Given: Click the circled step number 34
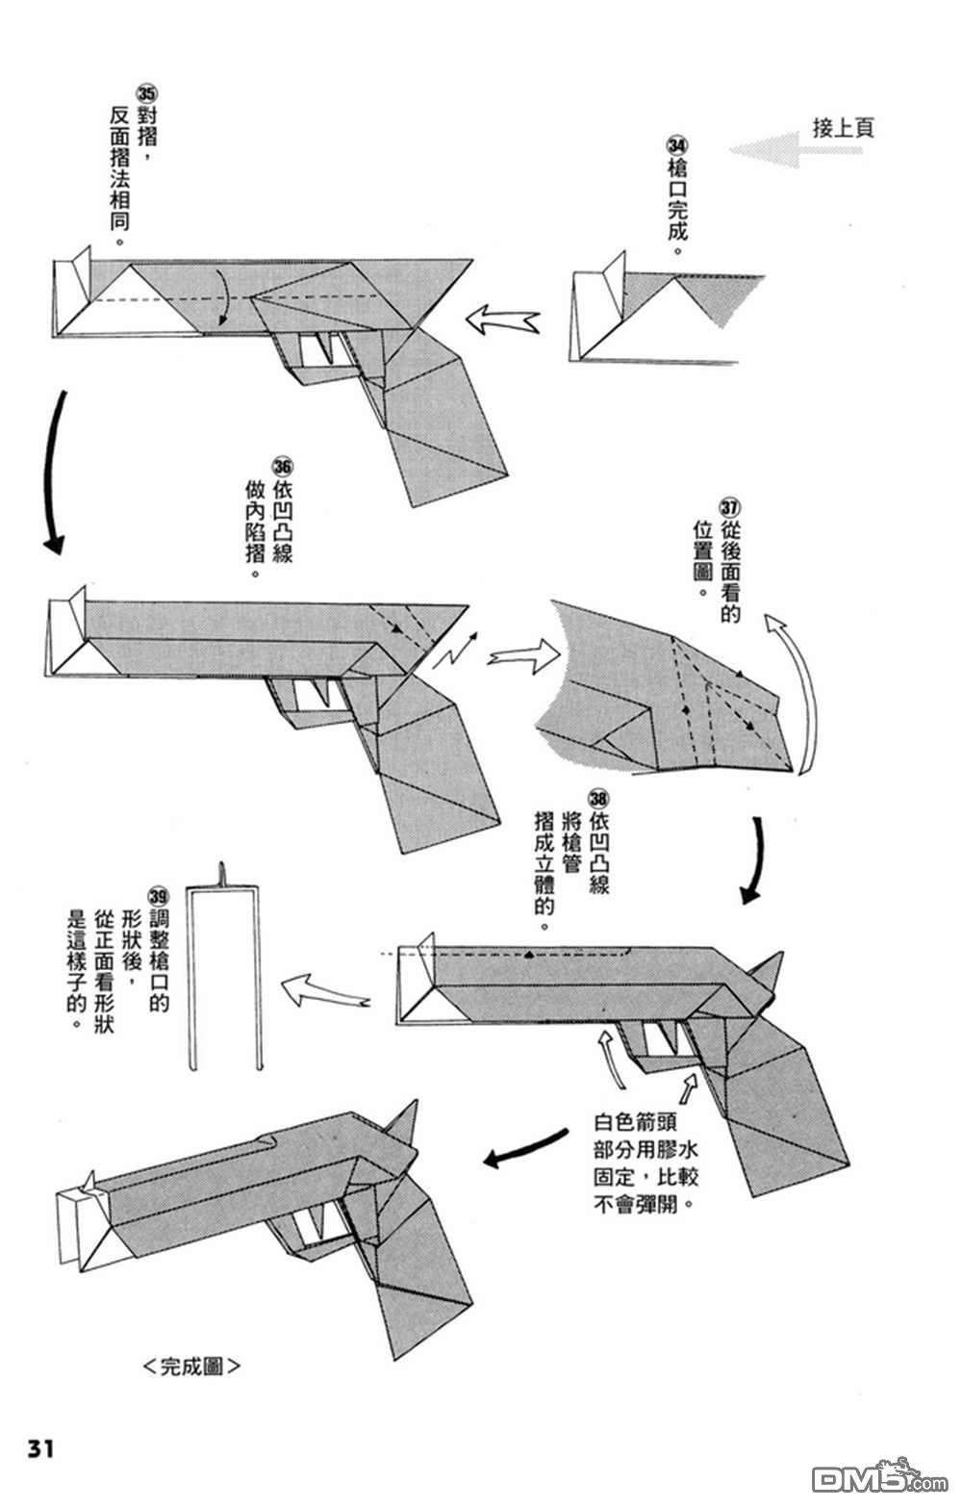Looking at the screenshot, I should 677,144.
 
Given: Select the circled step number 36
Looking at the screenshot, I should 282,466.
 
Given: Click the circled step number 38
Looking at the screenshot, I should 598,798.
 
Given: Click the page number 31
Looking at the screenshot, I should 39,1448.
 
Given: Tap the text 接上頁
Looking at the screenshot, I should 843,127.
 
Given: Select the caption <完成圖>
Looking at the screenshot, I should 190,1366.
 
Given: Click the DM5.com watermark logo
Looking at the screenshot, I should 866,1477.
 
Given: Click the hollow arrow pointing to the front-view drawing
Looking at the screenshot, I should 323,990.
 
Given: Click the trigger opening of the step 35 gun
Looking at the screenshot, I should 316,349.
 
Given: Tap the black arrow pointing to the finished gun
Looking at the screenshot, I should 523,1148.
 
